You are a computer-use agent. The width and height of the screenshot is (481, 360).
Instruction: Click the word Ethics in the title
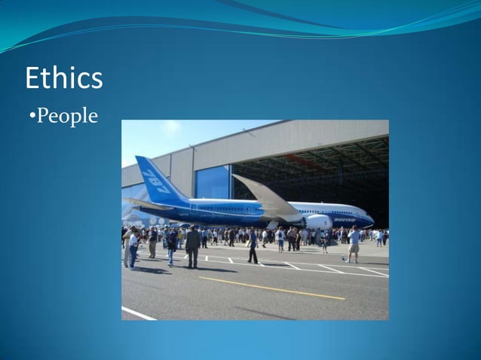tap(63, 78)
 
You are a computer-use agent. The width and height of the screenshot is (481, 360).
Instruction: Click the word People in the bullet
tap(67, 117)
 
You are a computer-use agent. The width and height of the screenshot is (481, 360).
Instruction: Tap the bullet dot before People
tap(32, 117)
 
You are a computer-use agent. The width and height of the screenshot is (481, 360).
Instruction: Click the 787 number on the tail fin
tap(155, 182)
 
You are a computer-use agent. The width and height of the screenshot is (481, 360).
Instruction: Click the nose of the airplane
tap(370, 221)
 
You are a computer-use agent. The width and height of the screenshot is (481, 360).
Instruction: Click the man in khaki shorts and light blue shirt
tap(354, 245)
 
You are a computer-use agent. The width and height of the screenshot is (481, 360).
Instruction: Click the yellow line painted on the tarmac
tap(271, 288)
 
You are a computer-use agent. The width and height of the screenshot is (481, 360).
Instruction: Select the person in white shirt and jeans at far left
tap(133, 249)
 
